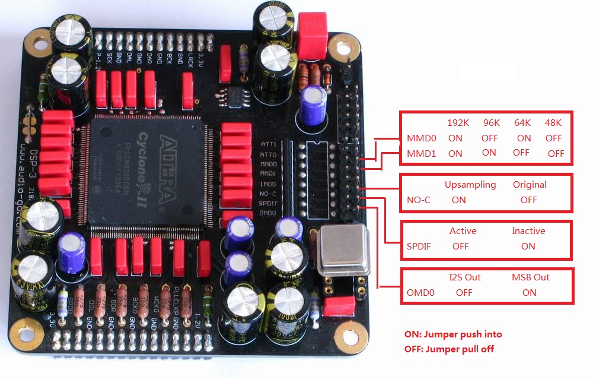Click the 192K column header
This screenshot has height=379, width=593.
[458, 123]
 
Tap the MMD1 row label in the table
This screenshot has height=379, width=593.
[420, 153]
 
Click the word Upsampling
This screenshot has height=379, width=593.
[470, 184]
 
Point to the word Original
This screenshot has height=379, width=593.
[530, 184]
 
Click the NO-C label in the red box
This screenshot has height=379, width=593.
[419, 200]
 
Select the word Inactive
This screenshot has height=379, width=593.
[528, 230]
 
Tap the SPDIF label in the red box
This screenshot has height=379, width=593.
[419, 246]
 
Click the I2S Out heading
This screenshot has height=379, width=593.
[465, 277]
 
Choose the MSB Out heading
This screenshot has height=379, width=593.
[530, 277]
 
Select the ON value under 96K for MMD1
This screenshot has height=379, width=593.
[489, 153]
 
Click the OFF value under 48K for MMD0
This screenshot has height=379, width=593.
[553, 138]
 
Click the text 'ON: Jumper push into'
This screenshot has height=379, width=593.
[452, 334]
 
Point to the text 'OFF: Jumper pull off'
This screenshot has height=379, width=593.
[449, 349]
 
